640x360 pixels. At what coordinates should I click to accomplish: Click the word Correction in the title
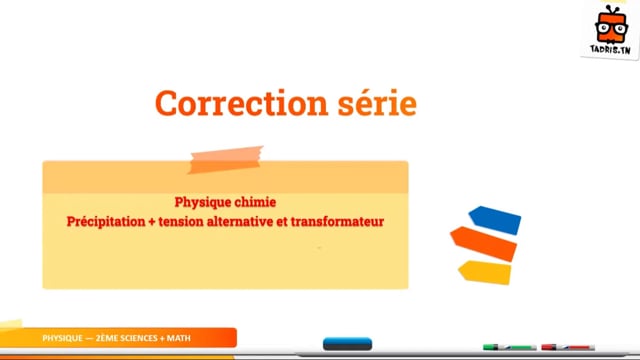(x=242, y=103)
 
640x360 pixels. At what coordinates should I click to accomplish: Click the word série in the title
(x=378, y=102)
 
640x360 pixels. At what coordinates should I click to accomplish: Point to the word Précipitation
(x=106, y=222)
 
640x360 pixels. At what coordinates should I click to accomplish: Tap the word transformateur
(x=337, y=222)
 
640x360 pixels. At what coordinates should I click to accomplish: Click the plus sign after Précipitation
(x=152, y=222)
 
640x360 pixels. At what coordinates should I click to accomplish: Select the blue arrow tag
(x=496, y=220)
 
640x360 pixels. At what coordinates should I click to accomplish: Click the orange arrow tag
(x=484, y=244)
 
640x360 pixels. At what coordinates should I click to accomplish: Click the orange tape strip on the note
(x=225, y=160)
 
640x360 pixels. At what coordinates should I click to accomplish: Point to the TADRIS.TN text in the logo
(x=611, y=50)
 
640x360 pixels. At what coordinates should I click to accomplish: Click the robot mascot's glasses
(x=611, y=28)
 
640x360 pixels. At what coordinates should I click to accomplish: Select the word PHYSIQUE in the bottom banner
(x=62, y=338)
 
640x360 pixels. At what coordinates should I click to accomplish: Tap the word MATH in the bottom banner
(x=178, y=338)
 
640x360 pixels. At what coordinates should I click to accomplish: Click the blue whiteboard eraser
(x=347, y=344)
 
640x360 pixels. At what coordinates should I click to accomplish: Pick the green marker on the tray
(x=510, y=347)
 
